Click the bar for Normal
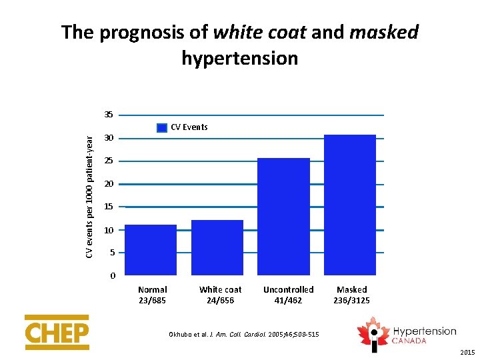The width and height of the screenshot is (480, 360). pyautogui.click(x=151, y=249)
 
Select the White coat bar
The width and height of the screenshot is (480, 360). pyautogui.click(x=217, y=247)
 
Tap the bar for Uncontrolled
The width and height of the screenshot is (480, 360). pyautogui.click(x=283, y=216)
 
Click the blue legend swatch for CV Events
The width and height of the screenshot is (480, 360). pyautogui.click(x=162, y=127)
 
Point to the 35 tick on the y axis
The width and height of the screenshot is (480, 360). pyautogui.click(x=108, y=115)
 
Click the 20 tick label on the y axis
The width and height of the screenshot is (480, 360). pyautogui.click(x=108, y=184)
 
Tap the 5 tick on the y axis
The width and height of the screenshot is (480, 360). pyautogui.click(x=111, y=253)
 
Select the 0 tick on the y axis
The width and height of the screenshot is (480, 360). pyautogui.click(x=113, y=276)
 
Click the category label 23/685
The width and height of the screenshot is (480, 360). pyautogui.click(x=152, y=301)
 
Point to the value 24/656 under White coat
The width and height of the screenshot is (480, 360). pyautogui.click(x=220, y=301)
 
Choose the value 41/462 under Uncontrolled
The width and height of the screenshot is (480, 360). pyautogui.click(x=288, y=301)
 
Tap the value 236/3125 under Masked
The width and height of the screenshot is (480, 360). pyautogui.click(x=351, y=301)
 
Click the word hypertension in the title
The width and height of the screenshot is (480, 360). pyautogui.click(x=239, y=59)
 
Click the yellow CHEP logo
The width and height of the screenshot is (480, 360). pyautogui.click(x=57, y=332)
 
